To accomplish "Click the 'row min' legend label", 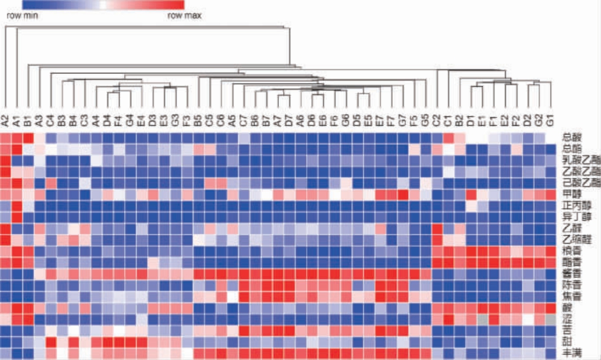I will pyautogui.click(x=22, y=16).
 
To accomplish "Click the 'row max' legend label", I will pyautogui.click(x=185, y=16).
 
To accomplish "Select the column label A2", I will pyautogui.click(x=5, y=122).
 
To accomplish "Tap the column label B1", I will pyautogui.click(x=28, y=123).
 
